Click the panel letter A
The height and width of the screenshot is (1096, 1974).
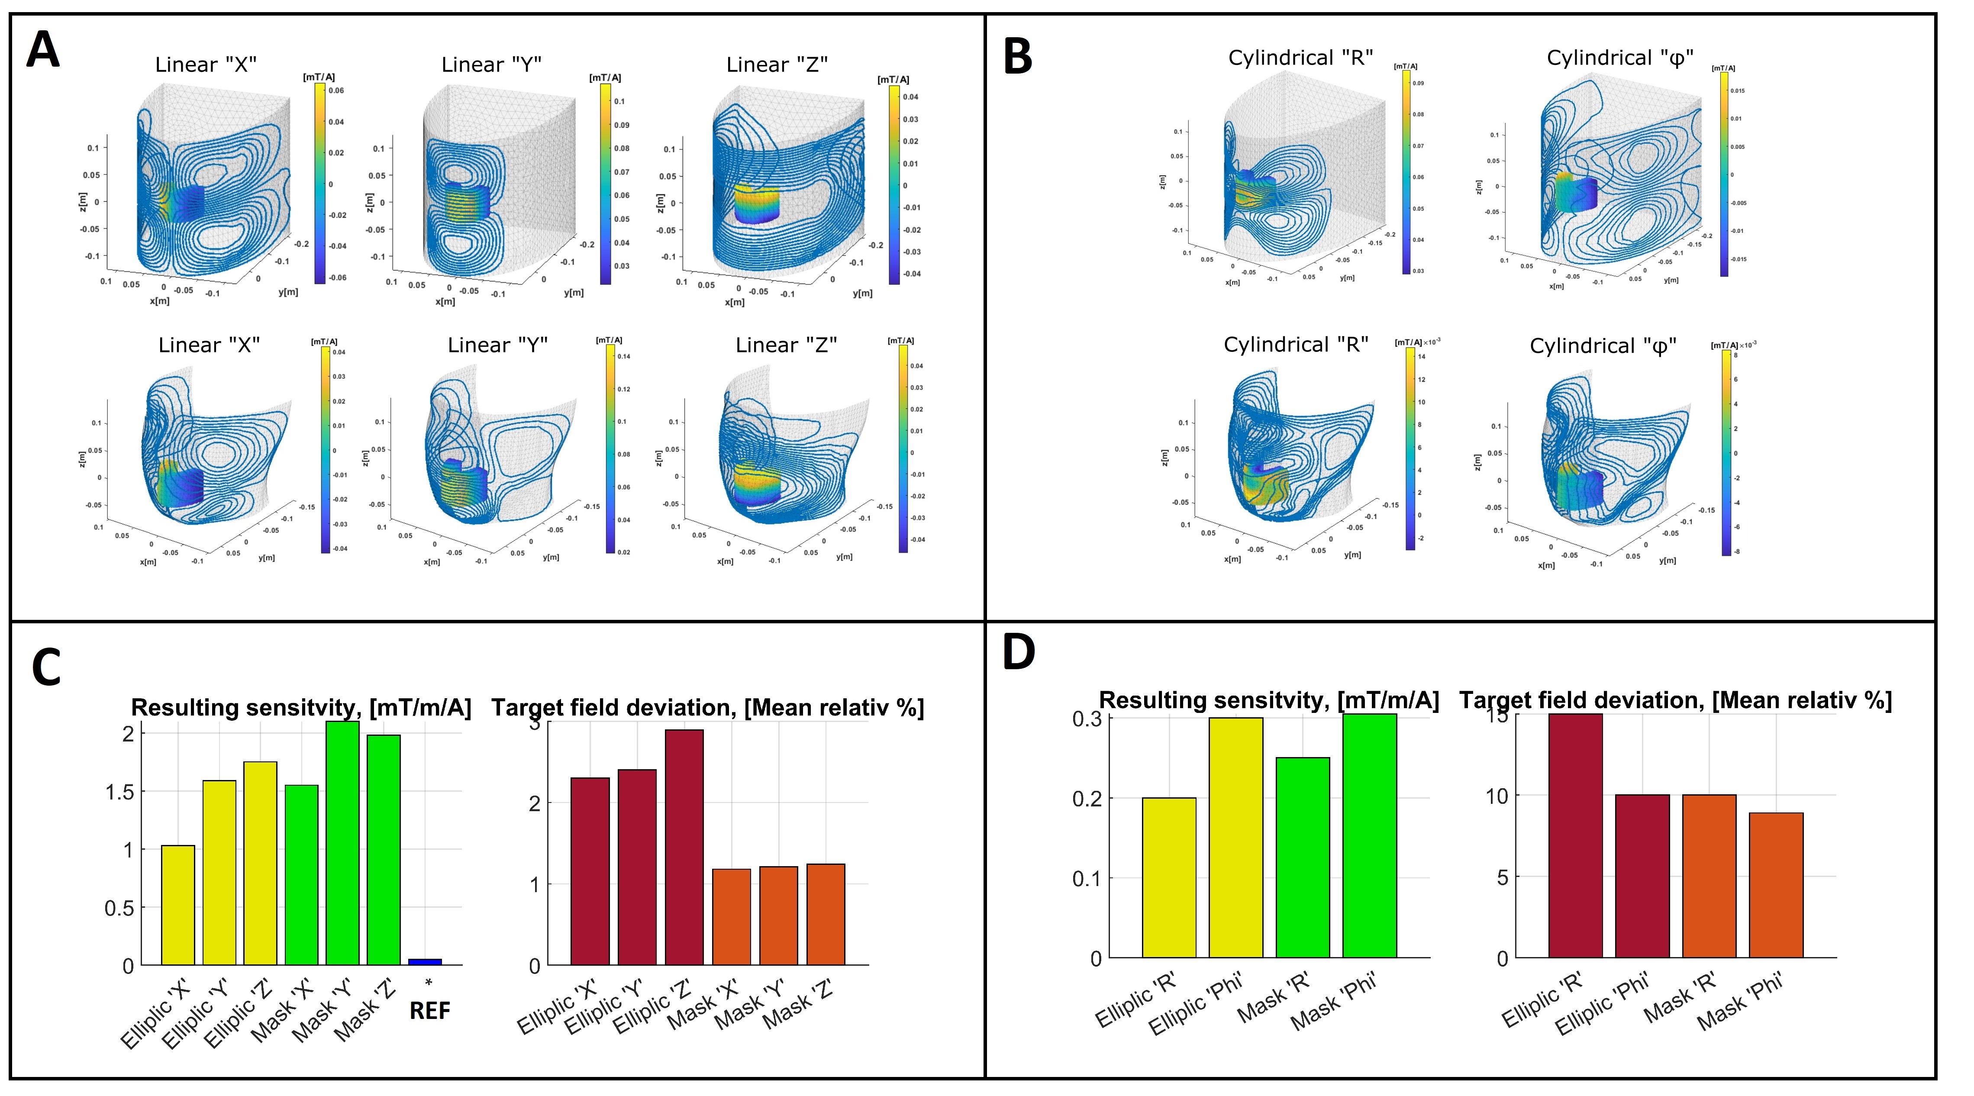tap(43, 51)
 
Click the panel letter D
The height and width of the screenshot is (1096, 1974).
tap(1019, 653)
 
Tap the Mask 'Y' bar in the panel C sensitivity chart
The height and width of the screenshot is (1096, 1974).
tap(342, 843)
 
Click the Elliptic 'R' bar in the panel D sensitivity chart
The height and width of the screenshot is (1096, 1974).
tap(1169, 877)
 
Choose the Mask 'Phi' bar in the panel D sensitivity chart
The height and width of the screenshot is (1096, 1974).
tap(1369, 835)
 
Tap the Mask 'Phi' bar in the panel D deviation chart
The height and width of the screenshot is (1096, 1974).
tap(1776, 885)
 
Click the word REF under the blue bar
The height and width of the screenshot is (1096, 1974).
tap(429, 1011)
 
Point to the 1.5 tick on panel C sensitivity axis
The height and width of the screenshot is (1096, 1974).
tap(119, 792)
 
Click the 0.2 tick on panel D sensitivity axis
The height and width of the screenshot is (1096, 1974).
tap(1087, 799)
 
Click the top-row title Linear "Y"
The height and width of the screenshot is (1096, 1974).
tap(491, 65)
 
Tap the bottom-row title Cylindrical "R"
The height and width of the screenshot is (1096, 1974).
tap(1296, 345)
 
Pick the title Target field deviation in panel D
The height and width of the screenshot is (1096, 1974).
tap(1675, 700)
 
